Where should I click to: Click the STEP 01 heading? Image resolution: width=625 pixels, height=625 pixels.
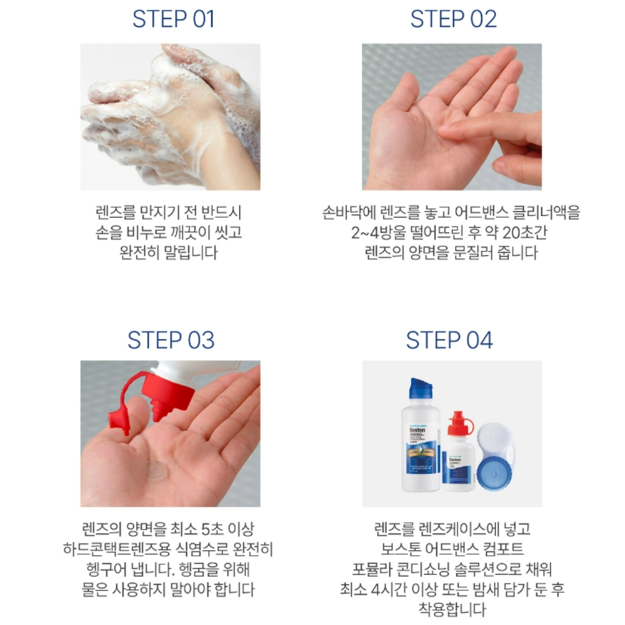coord(173,19)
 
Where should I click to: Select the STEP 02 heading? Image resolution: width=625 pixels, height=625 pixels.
coord(454,19)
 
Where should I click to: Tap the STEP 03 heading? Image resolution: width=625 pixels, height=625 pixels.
coord(171,340)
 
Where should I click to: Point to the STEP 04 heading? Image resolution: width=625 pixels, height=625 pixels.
coord(449,340)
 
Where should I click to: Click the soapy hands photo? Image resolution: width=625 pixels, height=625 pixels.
coord(170,117)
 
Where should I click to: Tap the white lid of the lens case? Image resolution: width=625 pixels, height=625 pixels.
coord(494,441)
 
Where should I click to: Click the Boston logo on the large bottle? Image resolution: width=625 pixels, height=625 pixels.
coord(417,431)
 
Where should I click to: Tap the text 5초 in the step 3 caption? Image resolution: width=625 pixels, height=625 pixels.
coord(212,529)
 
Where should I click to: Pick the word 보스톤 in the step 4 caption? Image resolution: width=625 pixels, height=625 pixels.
coord(401,549)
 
